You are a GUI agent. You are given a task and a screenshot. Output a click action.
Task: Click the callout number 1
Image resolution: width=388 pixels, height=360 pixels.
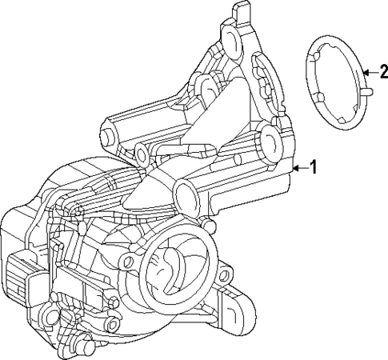click(314, 167)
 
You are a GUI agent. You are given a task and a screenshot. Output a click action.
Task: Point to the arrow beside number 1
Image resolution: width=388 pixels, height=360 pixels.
click(300, 167)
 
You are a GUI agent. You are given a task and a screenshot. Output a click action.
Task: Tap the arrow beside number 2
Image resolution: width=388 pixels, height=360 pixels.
click(366, 73)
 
